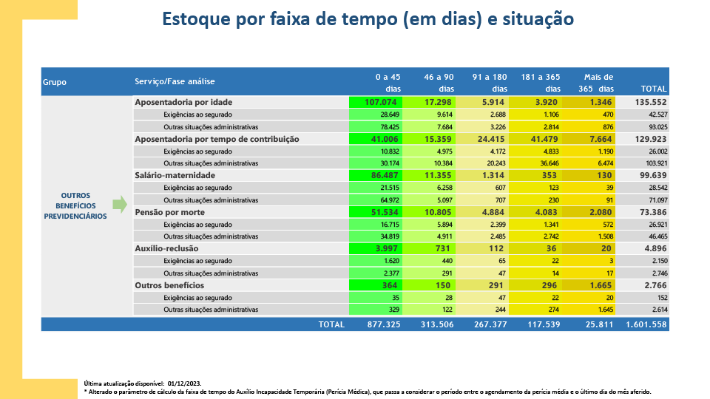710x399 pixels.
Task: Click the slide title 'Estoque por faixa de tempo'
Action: pyautogui.click(x=368, y=19)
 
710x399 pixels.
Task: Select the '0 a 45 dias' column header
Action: pyautogui.click(x=388, y=82)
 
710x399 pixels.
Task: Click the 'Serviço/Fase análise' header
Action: pyautogui.click(x=175, y=81)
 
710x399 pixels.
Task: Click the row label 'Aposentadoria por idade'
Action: pyautogui.click(x=183, y=101)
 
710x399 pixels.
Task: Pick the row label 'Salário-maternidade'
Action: pyautogui.click(x=175, y=175)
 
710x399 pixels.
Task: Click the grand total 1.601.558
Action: pyautogui.click(x=646, y=324)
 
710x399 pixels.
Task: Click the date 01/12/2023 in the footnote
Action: pyautogui.click(x=184, y=383)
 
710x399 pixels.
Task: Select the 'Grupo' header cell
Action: pyautogui.click(x=55, y=82)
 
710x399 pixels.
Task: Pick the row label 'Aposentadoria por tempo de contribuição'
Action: pyautogui.click(x=217, y=138)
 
